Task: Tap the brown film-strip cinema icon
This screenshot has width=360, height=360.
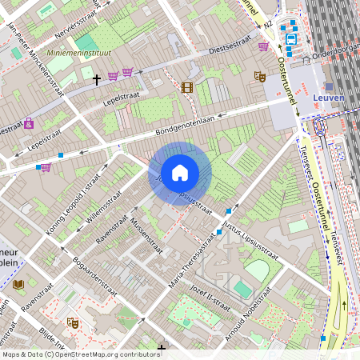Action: (x=187, y=87)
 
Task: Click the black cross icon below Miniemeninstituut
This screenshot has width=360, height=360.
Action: (x=97, y=79)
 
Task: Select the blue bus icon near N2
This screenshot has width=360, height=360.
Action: (x=290, y=38)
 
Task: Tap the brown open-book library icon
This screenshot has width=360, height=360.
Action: (x=18, y=284)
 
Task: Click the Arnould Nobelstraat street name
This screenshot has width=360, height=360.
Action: (x=250, y=320)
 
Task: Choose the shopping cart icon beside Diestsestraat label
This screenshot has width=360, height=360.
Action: (x=263, y=46)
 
